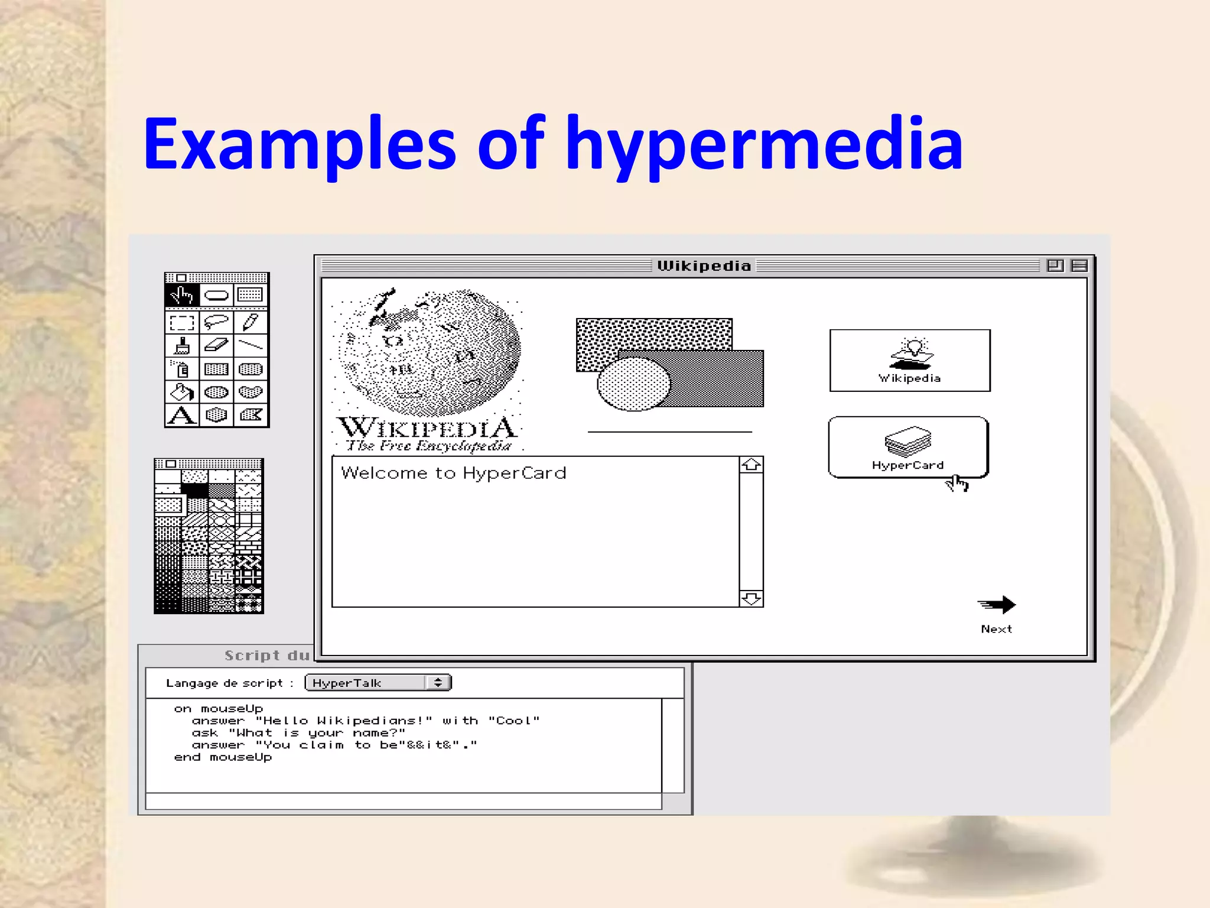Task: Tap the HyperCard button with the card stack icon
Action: click(908, 447)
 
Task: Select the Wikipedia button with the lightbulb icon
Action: click(910, 361)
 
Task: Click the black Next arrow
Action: click(997, 605)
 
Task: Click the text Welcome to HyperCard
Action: click(454, 473)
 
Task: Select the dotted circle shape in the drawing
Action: click(633, 384)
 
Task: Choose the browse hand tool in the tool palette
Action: click(182, 294)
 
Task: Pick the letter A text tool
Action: click(181, 415)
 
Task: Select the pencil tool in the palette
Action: click(251, 322)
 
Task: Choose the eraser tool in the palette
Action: click(216, 345)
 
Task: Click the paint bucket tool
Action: click(181, 392)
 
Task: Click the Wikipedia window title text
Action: click(704, 266)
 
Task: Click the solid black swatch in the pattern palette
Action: click(194, 490)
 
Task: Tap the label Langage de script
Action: click(225, 683)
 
